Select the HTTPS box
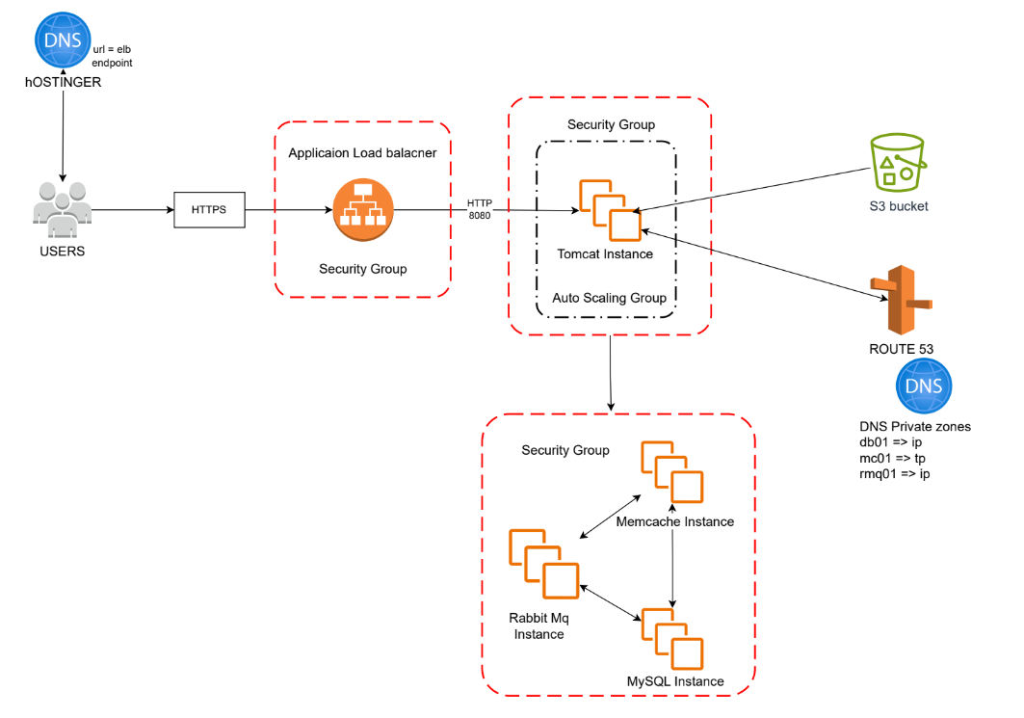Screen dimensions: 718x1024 (x=209, y=209)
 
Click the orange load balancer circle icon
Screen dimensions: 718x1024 (x=363, y=210)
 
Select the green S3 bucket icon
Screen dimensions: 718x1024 (x=897, y=161)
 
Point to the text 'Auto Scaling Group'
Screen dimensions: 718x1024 (x=609, y=298)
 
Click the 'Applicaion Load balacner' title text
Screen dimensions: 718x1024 (x=362, y=153)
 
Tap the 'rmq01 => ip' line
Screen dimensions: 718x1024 (x=895, y=473)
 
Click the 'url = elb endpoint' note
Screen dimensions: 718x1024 (x=112, y=55)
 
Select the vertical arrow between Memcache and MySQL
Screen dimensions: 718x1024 (x=672, y=569)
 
